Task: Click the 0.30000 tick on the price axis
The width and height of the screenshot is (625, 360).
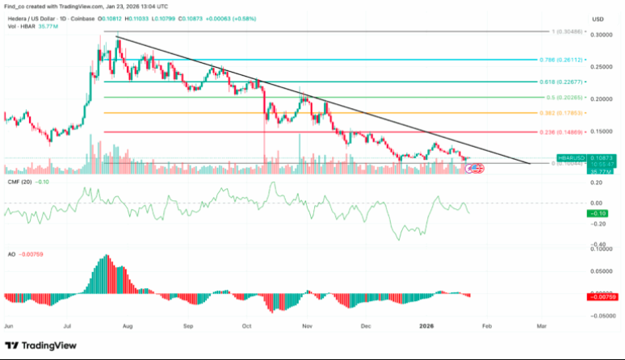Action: point(602,35)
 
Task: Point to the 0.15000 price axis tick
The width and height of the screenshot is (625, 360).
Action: point(602,131)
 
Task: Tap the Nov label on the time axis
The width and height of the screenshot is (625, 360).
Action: point(307,328)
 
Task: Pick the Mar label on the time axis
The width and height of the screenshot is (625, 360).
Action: point(541,328)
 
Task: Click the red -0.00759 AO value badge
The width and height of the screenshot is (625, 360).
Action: point(602,296)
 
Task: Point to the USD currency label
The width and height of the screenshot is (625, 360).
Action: point(598,18)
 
